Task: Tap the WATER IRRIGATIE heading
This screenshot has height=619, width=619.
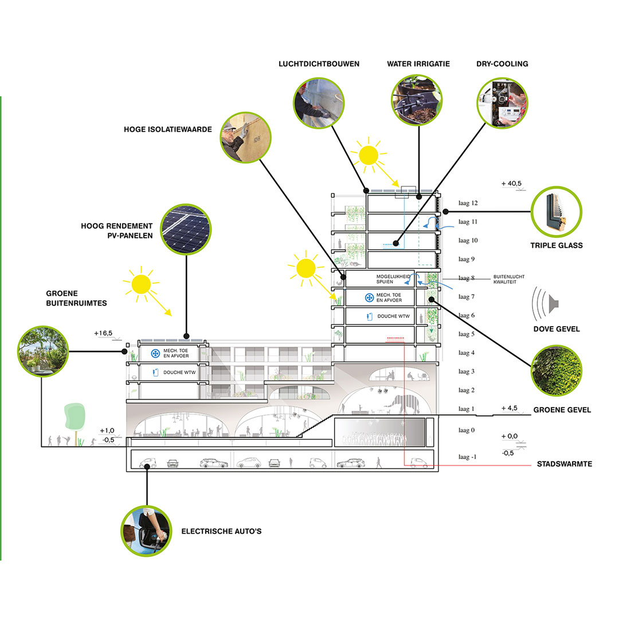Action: click(418, 64)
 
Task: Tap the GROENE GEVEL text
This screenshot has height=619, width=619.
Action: click(562, 410)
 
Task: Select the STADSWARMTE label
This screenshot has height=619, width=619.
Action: click(564, 464)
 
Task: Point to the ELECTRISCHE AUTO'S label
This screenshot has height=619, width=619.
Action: click(221, 531)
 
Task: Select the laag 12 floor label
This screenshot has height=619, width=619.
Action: click(468, 203)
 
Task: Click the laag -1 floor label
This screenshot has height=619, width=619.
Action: click(468, 457)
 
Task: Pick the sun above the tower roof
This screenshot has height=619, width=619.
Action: click(369, 154)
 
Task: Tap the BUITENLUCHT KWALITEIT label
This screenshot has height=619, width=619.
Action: click(509, 279)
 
